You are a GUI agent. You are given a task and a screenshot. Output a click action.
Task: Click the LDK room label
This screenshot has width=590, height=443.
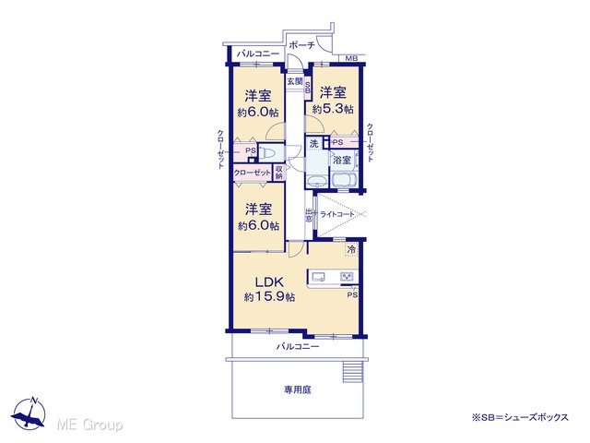coord(269,282)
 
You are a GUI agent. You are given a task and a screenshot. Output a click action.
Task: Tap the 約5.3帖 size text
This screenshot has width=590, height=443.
coord(333,109)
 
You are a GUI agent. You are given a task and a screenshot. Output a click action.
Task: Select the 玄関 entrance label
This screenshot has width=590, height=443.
coord(295,81)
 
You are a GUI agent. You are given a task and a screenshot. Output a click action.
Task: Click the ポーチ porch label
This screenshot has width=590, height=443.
coord(301,45)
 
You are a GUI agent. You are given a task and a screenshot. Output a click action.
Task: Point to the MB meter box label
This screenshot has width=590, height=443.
coord(351,58)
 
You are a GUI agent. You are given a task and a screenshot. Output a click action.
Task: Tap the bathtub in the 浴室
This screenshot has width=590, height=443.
coord(345,180)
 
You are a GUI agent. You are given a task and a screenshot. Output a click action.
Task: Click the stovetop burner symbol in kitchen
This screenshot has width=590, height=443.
coord(348,277)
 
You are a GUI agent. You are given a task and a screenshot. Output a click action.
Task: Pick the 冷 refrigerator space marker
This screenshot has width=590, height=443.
coord(351,249)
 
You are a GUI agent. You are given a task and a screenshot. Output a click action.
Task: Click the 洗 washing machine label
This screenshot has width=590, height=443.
coord(313,144)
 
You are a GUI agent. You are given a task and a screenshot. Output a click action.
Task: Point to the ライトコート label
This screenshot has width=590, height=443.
coord(337,215)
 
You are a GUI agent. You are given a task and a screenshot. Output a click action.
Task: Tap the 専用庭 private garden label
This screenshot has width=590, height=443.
coord(298,389)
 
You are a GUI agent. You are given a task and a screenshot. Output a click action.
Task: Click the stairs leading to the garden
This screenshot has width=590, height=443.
coord(352,372)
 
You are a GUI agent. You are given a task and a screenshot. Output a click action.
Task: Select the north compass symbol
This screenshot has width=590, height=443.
coord(29,413)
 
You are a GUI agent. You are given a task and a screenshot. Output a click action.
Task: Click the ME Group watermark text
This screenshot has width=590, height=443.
coord(89,425)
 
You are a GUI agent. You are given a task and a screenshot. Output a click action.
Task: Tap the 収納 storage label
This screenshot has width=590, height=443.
coord(278,173)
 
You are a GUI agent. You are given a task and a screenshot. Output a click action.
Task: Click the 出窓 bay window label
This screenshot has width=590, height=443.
coord(309,215)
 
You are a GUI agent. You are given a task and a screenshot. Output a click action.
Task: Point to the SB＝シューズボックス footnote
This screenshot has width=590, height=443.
coord(520,418)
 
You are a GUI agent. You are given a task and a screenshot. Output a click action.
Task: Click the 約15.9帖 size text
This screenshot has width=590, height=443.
coord(269,297)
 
